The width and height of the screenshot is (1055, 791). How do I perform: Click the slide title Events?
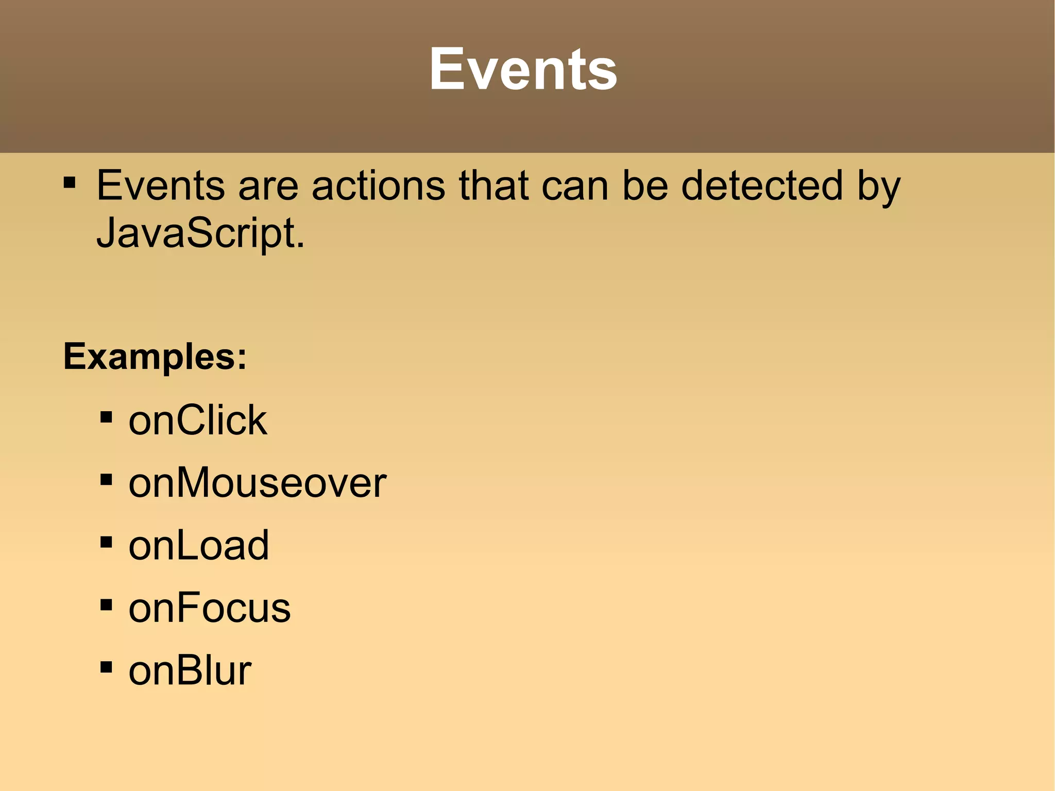523,69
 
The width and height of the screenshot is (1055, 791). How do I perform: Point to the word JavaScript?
200,233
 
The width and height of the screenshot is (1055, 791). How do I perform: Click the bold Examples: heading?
155,357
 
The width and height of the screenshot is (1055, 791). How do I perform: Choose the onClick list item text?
198,420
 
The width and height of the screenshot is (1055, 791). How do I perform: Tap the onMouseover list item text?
258,483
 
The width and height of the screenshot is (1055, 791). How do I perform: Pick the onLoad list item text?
199,545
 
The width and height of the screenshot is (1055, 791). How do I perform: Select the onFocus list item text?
210,608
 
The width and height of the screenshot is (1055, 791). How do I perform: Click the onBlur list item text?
190,671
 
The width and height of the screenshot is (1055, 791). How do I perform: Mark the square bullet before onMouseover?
107,480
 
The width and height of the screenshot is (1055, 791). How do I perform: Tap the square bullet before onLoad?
107,542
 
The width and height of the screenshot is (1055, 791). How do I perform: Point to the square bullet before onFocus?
107,605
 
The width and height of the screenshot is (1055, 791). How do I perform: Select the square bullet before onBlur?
107,668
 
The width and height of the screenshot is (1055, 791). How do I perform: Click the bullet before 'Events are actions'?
70,182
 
